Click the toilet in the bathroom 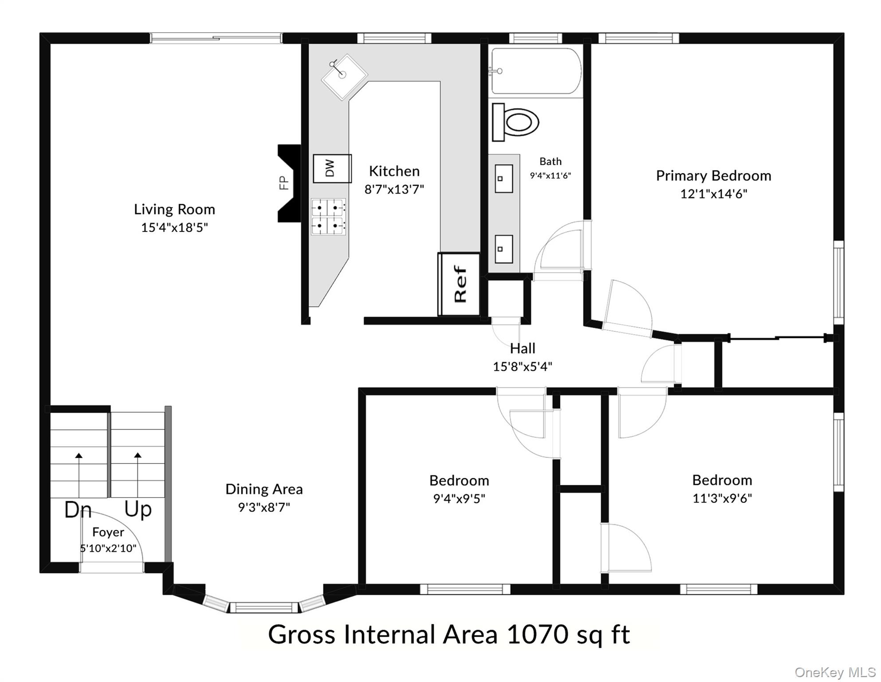pos(515,122)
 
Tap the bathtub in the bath pos(536,71)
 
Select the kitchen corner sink pos(344,77)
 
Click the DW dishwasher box pos(332,169)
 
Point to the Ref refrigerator pos(459,284)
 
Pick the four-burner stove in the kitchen pos(328,217)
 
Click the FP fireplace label pos(283,183)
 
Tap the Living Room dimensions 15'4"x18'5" pos(174,227)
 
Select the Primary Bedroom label pos(713,175)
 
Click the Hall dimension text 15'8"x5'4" pos(523,366)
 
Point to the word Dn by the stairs pos(78,509)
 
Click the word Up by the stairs pos(138,509)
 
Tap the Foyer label pos(108,532)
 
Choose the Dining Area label pos(264,489)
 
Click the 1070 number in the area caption pos(537,634)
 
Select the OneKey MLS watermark pos(835,673)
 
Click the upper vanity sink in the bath pos(503,178)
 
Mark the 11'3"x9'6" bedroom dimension pos(722,498)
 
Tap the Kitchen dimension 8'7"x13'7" pos(394,189)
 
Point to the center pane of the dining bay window pos(264,607)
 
